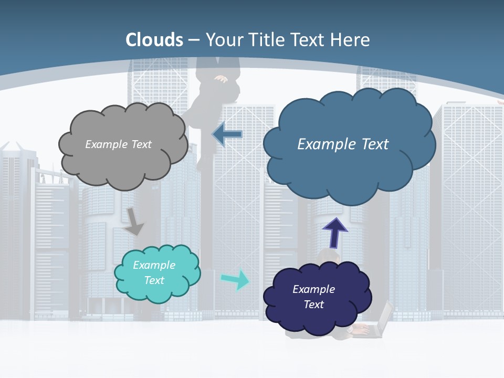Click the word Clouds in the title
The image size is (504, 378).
(x=154, y=40)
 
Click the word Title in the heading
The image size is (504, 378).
(x=265, y=40)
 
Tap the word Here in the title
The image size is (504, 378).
(x=351, y=40)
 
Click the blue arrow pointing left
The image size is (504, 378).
(x=227, y=134)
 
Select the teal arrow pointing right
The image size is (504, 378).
(x=236, y=279)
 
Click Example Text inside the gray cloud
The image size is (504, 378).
(x=118, y=144)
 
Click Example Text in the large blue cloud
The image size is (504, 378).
(x=343, y=144)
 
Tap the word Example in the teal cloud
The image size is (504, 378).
(x=154, y=265)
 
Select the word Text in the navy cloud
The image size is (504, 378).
(x=313, y=304)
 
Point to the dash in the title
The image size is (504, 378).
(x=194, y=40)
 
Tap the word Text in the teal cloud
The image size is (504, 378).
(x=154, y=280)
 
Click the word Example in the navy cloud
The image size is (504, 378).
(x=313, y=289)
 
